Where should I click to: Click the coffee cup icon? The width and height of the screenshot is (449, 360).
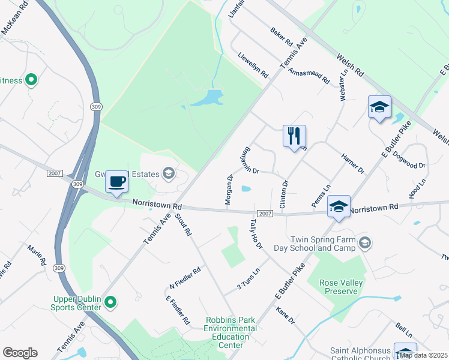click(117, 181)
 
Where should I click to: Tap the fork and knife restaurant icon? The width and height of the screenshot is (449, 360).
click(294, 136)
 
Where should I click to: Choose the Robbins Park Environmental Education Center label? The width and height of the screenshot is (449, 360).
click(231, 332)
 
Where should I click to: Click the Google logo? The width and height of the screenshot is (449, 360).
click(20, 353)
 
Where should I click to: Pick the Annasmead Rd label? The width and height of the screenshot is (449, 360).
click(309, 76)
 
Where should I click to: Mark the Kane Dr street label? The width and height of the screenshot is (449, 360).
click(286, 316)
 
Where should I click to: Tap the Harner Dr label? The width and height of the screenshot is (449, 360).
click(352, 163)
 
